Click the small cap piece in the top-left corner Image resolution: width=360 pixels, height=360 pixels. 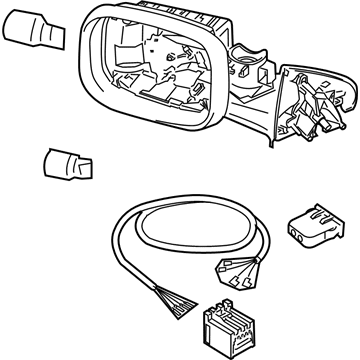(x=34, y=30)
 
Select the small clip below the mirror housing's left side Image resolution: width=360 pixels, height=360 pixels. (x=68, y=163)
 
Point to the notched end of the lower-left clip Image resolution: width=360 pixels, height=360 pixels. (x=88, y=168)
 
